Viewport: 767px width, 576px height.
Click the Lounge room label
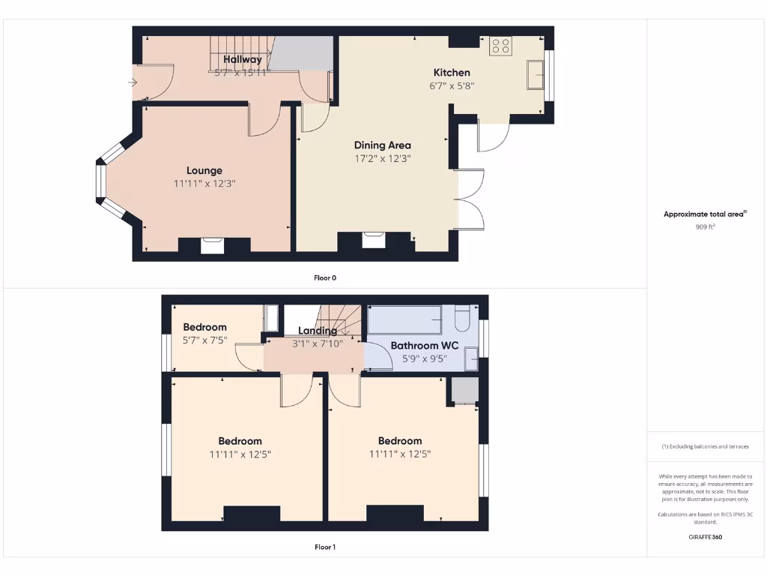[x=204, y=170]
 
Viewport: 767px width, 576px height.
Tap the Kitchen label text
[x=452, y=73]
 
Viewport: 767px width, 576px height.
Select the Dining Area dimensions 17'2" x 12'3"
[x=383, y=158]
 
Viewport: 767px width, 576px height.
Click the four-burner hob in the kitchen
[x=500, y=46]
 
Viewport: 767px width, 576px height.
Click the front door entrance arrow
[x=133, y=82]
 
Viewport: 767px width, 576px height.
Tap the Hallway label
[x=243, y=59]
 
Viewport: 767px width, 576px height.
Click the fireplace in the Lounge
[x=212, y=245]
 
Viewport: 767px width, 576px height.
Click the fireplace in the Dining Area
[x=374, y=240]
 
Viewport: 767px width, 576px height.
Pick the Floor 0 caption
[x=325, y=277]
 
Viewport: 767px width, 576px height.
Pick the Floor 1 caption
[x=325, y=547]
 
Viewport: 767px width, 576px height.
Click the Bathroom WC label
[x=425, y=346]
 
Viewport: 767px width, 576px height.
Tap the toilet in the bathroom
[x=461, y=320]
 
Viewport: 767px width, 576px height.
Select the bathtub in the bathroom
[x=404, y=320]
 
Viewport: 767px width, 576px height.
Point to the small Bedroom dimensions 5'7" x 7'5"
[x=204, y=340]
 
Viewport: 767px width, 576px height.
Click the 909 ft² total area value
[x=704, y=226]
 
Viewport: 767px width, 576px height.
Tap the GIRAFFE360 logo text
[x=705, y=537]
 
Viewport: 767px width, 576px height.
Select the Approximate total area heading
[x=705, y=214]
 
